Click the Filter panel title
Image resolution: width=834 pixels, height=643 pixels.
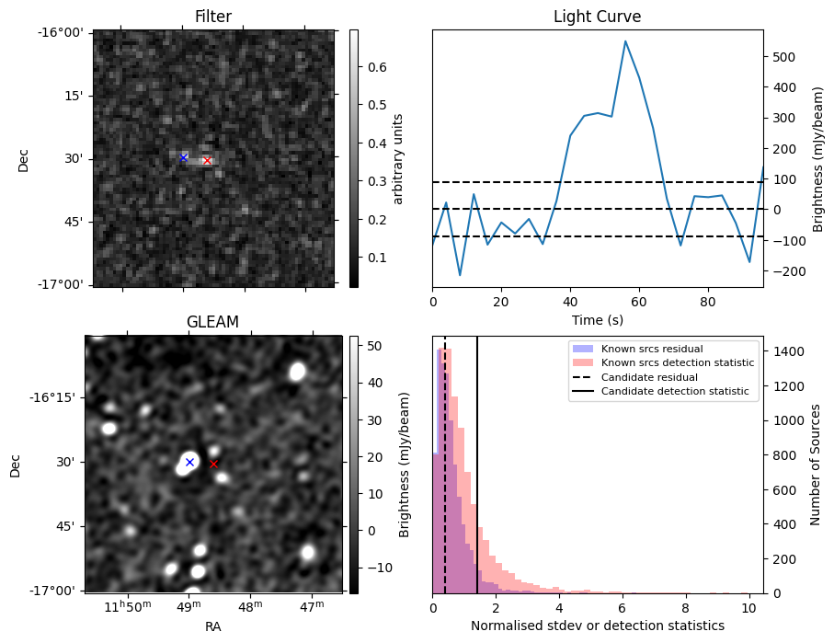213,17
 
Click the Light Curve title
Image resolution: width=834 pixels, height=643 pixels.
597,17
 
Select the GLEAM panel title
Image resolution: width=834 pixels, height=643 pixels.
212,322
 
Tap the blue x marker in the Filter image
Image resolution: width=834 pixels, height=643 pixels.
183,157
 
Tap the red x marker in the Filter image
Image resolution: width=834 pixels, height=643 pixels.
207,161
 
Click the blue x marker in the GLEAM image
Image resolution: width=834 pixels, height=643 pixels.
189,462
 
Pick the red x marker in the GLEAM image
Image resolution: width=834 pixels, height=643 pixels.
213,465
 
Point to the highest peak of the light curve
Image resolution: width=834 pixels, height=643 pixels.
625,40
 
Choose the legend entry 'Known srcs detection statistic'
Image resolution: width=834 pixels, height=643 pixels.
678,363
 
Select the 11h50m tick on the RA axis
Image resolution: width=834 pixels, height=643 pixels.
126,606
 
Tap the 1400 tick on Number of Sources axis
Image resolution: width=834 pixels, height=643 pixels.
786,351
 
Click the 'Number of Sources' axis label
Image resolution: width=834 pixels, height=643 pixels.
815,465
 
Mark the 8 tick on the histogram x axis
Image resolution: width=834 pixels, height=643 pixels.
685,607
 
